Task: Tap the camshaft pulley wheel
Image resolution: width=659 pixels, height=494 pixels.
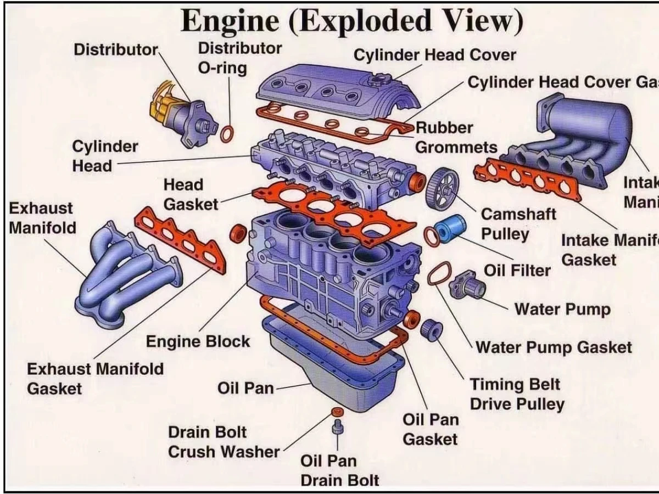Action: tap(442, 188)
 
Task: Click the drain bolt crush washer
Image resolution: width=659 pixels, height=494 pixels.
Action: tap(337, 412)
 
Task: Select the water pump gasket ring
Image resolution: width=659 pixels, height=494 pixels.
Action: tap(439, 273)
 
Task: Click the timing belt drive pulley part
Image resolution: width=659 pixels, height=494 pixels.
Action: tap(432, 329)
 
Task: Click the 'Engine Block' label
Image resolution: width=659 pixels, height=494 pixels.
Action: tap(198, 341)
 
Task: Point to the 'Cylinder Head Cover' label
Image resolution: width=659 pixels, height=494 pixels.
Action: tap(434, 55)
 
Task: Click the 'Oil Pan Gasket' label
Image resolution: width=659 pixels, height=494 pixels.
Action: tap(430, 429)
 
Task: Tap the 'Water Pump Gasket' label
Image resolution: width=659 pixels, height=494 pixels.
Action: tap(553, 347)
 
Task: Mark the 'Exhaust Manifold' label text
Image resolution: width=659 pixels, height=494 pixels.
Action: tap(42, 218)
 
